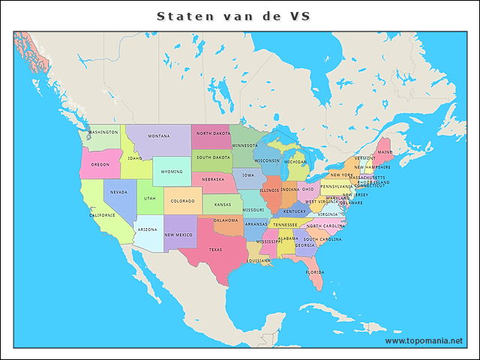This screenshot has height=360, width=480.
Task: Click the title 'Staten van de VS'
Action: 233,16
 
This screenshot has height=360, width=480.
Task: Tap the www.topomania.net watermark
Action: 424,340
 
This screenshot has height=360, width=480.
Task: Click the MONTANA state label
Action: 158,136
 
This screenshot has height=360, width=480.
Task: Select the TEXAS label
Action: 215,250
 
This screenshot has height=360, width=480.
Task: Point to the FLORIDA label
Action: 314,272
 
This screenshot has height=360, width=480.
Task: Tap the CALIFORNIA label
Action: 102,215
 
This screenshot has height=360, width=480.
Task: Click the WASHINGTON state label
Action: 103,132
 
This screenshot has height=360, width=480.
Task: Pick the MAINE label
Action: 385,152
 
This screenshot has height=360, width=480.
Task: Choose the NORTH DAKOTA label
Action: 213,133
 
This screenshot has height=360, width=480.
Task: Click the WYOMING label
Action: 172,172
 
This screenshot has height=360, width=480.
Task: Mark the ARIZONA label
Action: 148,229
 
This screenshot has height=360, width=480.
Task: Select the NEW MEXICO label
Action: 180,235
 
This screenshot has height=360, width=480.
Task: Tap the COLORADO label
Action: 182,201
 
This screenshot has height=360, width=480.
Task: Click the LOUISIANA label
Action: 259,260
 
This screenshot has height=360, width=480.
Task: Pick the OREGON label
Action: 100,164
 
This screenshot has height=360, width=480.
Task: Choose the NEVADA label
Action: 118,192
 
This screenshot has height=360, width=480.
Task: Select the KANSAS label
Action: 222,204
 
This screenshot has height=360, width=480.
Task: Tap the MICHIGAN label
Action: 295,161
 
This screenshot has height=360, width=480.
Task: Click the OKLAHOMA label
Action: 226,220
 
